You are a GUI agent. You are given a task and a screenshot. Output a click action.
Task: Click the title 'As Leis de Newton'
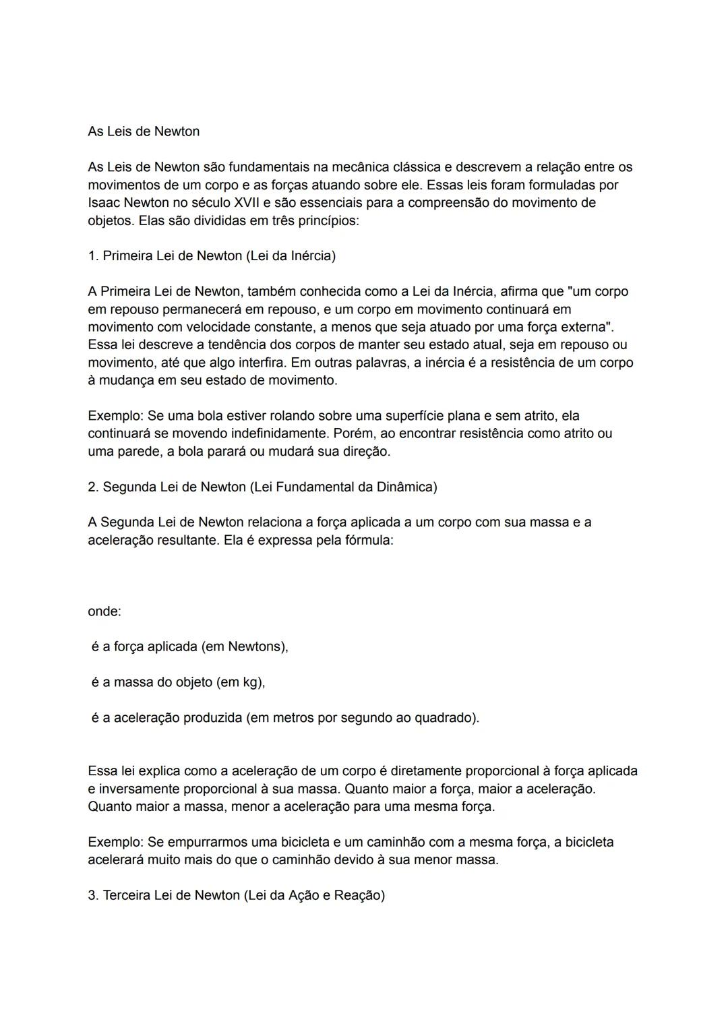144,131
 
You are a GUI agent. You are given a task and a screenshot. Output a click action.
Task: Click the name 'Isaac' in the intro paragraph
104,203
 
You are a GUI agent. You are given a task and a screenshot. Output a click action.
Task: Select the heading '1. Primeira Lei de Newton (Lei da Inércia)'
212,256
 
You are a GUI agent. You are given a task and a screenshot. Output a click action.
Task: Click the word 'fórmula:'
369,541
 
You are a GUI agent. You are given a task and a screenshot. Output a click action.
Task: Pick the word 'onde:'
104,612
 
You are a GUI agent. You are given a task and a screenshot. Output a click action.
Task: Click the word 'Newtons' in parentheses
256,647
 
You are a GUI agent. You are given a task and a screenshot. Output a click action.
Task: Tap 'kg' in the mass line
251,683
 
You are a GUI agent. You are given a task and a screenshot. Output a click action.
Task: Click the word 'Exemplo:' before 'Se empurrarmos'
115,843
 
